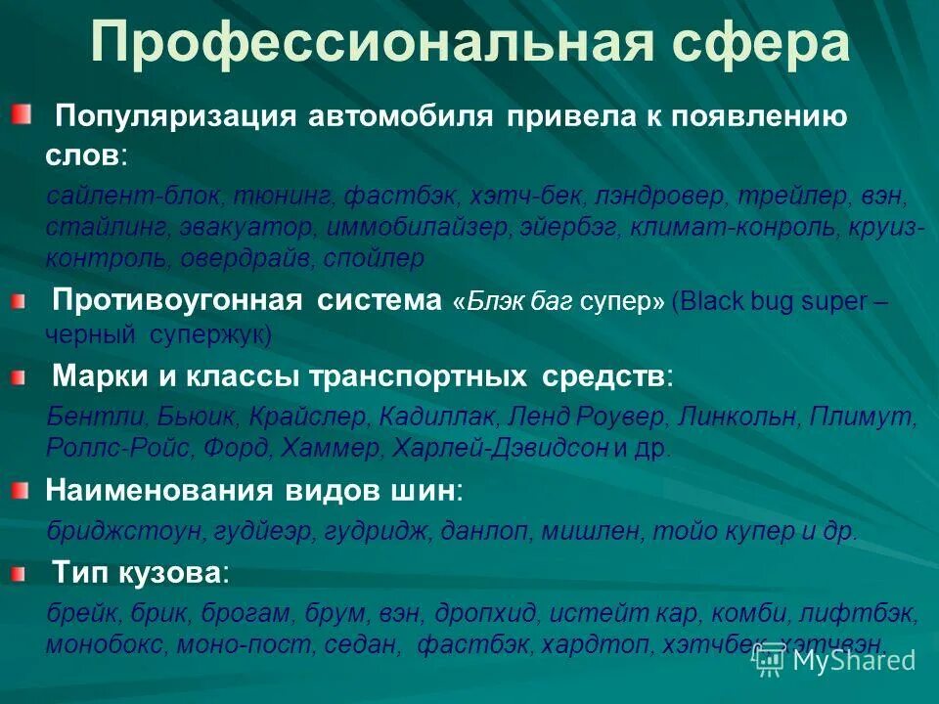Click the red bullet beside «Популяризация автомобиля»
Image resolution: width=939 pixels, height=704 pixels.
(22, 117)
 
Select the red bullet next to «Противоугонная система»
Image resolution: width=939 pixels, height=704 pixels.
(22, 305)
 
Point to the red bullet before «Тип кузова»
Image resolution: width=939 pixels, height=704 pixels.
(22, 575)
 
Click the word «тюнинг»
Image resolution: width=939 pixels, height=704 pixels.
(286, 198)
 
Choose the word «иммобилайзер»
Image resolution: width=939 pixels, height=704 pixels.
(412, 229)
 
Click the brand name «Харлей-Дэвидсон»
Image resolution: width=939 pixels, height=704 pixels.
(501, 450)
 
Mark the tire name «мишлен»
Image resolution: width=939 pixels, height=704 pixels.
(591, 531)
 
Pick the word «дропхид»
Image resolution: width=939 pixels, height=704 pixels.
(485, 614)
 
